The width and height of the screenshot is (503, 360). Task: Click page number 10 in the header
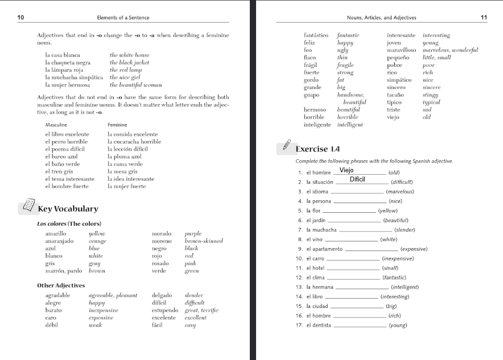coord(21,17)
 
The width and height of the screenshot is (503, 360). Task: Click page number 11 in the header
coord(484,17)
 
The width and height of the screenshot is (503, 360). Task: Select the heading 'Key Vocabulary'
coord(68,209)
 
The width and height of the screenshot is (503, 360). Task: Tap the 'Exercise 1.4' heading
coord(318,149)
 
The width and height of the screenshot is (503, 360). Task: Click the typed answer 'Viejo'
coord(347,170)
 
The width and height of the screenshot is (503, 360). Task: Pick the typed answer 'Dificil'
coord(358,180)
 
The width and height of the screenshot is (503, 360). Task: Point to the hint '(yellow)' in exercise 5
coord(388,211)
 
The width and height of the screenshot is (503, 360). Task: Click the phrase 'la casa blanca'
coord(63,55)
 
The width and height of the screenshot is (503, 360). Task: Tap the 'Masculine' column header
coord(56,125)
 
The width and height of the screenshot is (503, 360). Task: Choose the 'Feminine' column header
coord(117,125)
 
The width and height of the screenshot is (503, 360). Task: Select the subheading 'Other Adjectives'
coord(61,285)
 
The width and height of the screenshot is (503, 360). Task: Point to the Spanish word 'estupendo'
coord(165,310)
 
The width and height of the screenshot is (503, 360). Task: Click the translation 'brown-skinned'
coord(204,241)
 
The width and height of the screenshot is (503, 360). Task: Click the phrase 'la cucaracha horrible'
coord(134,142)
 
